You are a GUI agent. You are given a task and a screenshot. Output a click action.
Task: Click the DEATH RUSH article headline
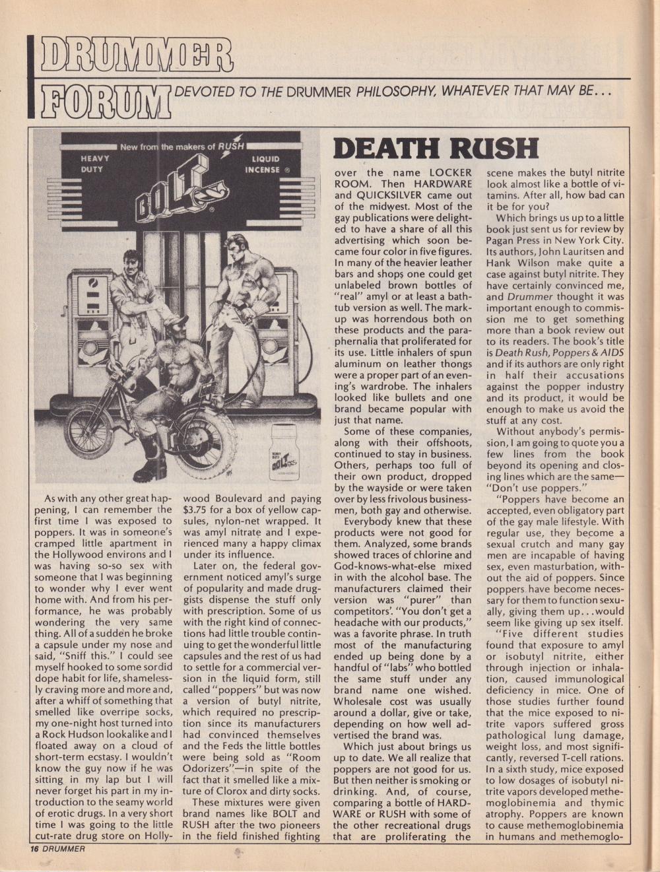pos(436,148)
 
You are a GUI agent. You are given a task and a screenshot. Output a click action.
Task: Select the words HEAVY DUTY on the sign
pos(95,164)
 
